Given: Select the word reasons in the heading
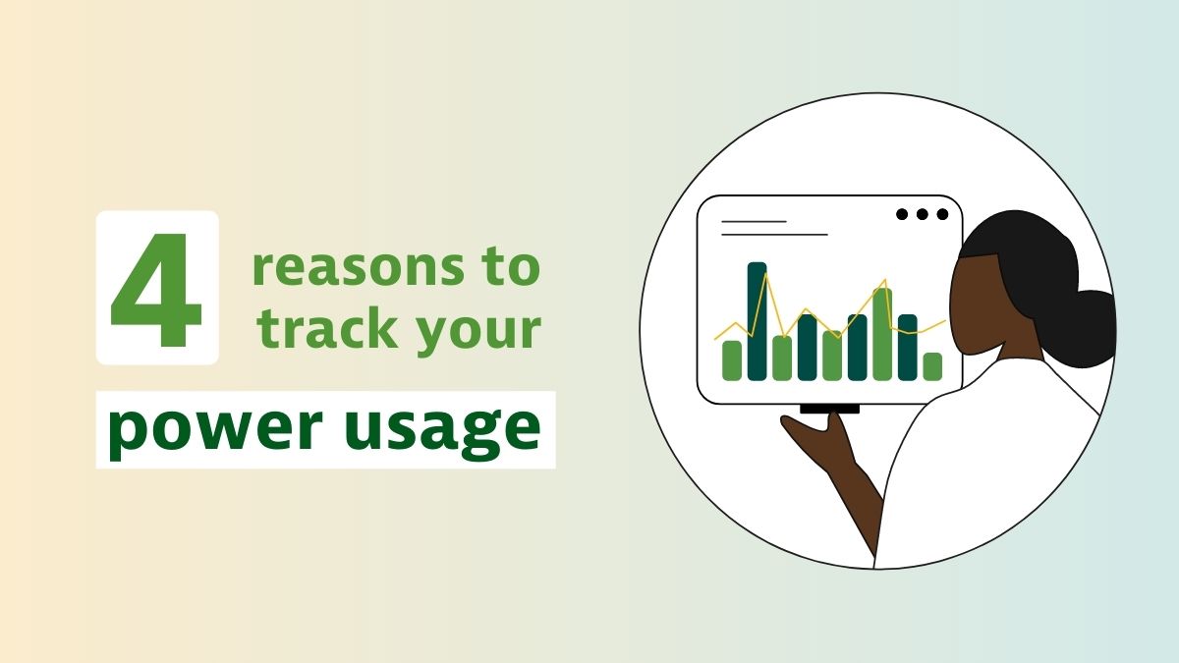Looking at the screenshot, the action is tap(359, 267).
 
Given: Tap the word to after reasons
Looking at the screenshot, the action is tap(512, 266).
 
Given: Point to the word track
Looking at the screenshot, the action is tap(327, 328).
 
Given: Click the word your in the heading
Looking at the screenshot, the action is tap(478, 333).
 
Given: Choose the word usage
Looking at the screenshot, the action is tap(443, 431).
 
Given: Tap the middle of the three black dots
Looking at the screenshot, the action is tap(923, 214).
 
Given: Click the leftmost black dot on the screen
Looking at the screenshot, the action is tap(902, 214).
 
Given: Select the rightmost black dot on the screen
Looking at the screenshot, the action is tap(942, 214).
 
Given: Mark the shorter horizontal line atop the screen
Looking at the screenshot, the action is tap(754, 222).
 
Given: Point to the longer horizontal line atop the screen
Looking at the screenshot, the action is tap(774, 235).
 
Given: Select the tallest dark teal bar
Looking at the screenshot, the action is tap(757, 321).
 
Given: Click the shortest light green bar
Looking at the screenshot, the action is tap(932, 366).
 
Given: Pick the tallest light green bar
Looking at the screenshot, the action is tap(882, 334).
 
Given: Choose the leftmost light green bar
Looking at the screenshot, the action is tap(732, 360).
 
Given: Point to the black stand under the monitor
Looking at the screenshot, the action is tap(829, 409).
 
